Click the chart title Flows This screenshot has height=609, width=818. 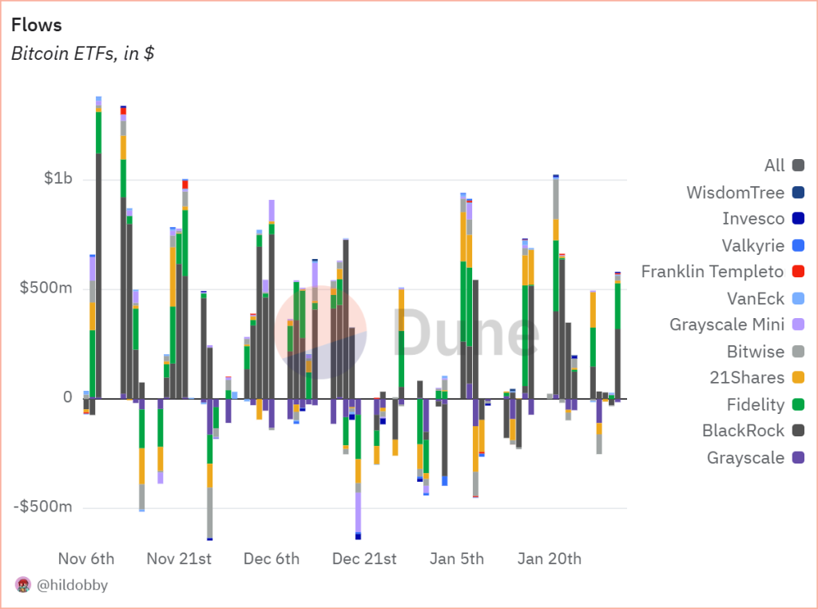[36, 26]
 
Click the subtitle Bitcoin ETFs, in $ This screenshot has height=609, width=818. [83, 54]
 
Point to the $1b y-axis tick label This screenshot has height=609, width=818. [57, 178]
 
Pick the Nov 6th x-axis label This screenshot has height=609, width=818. [86, 558]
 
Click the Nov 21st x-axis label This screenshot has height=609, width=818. [179, 558]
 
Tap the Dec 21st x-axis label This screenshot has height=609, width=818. [363, 558]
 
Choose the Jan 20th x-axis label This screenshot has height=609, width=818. [549, 558]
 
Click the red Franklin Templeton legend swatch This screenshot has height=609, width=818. [798, 272]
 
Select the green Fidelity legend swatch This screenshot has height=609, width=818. [798, 405]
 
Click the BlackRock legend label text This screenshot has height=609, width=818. [743, 432]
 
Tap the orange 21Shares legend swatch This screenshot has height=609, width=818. [798, 378]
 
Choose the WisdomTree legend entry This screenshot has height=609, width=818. [735, 192]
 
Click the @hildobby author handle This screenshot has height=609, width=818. [72, 585]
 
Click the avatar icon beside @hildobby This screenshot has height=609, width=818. [23, 585]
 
